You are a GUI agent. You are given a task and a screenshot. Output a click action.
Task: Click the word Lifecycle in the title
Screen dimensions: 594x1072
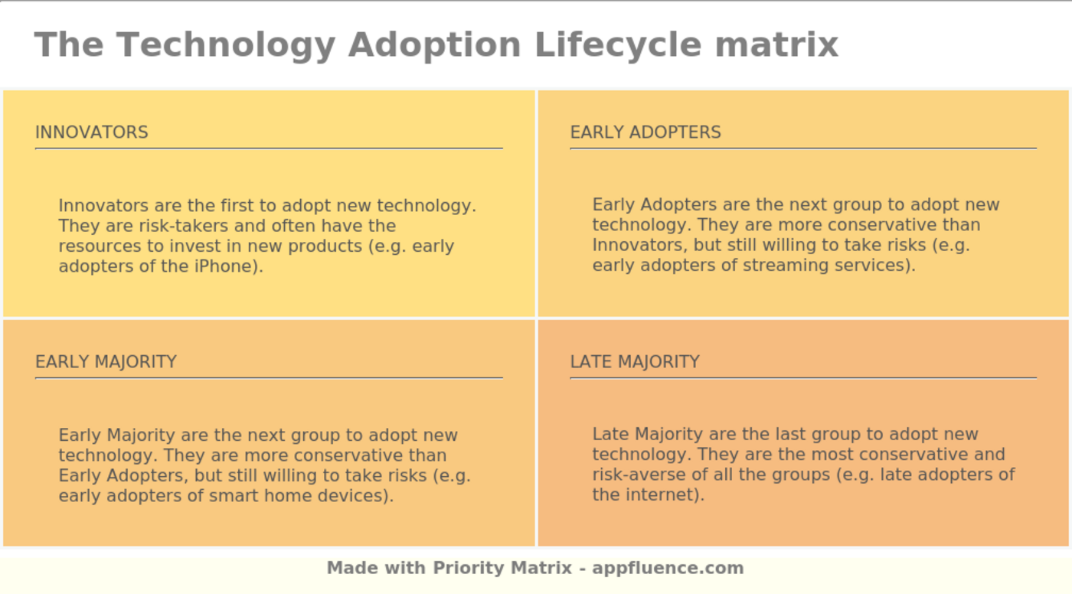[x=617, y=44]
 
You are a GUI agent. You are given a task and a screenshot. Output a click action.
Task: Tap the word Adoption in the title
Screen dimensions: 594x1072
[x=434, y=44]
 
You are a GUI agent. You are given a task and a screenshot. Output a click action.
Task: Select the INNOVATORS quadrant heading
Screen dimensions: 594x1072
[x=92, y=132]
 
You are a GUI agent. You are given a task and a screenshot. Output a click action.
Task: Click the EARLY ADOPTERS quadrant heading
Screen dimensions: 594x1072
[x=645, y=132]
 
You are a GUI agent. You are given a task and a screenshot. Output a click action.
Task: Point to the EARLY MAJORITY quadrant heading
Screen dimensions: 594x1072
[x=106, y=362]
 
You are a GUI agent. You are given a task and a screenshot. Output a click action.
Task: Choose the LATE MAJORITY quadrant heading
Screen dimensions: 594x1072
[x=635, y=362]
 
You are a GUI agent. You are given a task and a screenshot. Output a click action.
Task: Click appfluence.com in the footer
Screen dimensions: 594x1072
[x=668, y=568]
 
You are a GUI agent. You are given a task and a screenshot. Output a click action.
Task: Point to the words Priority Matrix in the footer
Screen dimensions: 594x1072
[x=502, y=568]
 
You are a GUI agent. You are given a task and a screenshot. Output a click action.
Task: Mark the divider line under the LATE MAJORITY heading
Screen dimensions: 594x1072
[x=802, y=377]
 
